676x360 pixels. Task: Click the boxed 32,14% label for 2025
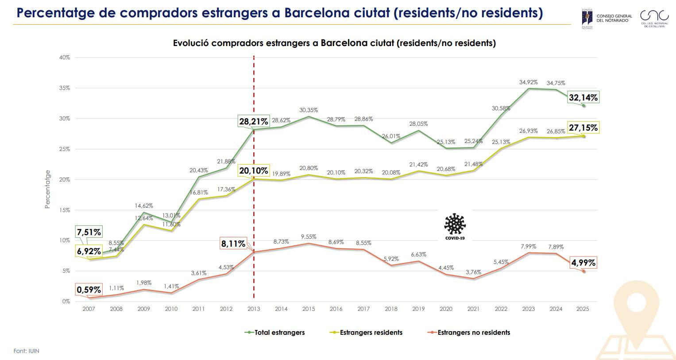[x=583, y=97]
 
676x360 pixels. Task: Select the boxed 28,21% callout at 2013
[x=254, y=121]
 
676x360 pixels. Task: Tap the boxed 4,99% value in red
[x=583, y=263]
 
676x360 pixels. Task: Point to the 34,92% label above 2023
[x=528, y=82]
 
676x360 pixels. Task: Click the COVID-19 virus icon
[x=455, y=225]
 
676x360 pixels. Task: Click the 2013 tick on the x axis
[x=254, y=309]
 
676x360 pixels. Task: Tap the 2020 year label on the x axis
[x=446, y=309]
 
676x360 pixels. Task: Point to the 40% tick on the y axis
[x=65, y=58]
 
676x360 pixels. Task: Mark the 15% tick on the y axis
[x=65, y=210]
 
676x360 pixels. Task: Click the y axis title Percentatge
[x=48, y=189]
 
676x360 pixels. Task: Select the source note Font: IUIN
[x=27, y=351]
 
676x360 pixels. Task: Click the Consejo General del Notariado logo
[x=606, y=19]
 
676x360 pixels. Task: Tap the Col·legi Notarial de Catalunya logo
[x=654, y=19]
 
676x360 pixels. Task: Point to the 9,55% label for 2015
[x=309, y=237]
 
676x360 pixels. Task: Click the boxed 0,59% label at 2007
[x=89, y=290]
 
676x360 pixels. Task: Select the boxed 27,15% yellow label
[x=583, y=128]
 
